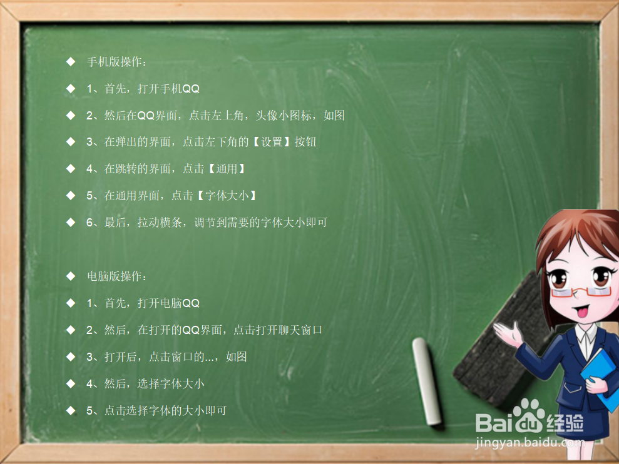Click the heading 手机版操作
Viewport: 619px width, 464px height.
[x=117, y=62]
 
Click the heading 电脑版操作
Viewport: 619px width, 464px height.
[x=117, y=276]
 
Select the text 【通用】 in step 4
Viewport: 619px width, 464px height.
[x=227, y=169]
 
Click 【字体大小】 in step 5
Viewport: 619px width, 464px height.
[x=227, y=196]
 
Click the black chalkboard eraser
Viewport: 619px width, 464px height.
[x=494, y=350]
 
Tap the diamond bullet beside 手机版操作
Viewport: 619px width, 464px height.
[x=71, y=62]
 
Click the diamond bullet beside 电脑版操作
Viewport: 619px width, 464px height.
[x=71, y=276]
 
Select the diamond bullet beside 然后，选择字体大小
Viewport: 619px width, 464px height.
[x=71, y=383]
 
